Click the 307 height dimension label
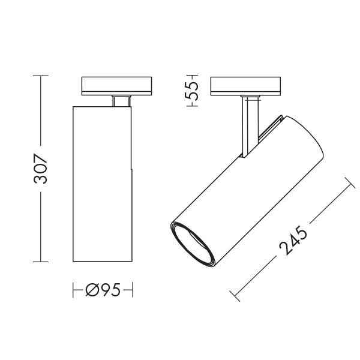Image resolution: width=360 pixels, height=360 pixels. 40,169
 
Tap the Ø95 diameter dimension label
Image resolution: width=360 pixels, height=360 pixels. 103,290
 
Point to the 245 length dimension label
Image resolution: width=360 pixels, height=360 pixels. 293,240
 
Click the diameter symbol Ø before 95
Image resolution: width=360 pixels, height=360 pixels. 92,290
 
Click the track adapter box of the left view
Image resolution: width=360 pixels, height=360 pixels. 116,86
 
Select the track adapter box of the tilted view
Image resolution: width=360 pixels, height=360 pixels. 245,86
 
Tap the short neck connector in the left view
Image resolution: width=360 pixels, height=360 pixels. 122,101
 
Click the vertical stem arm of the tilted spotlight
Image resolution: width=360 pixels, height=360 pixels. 250,127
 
